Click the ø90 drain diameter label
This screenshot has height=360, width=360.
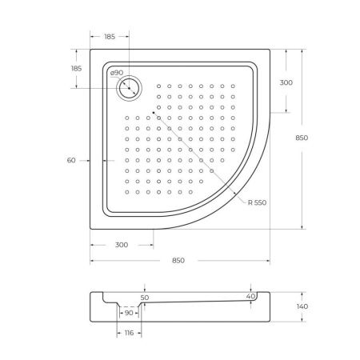117,74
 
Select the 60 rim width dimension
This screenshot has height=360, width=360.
71,161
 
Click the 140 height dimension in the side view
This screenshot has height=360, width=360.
302,306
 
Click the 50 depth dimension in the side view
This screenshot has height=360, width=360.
144,298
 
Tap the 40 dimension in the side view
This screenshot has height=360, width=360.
251,297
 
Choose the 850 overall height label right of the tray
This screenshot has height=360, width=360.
302,138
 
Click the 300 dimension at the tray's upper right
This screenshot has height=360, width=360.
286,83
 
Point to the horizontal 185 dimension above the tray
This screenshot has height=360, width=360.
109,38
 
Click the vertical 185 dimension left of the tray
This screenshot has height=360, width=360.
77,70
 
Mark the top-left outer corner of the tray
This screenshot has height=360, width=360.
90,50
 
